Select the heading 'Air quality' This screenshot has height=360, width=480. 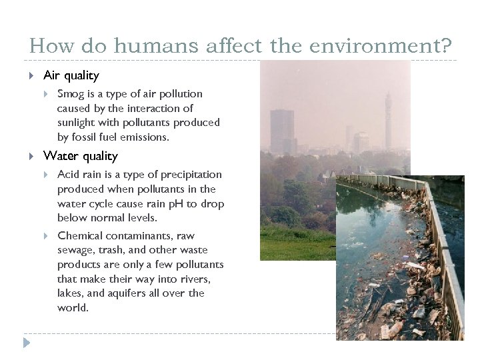[71, 76]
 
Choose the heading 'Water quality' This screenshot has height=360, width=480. [80, 156]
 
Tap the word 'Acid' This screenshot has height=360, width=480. [69, 175]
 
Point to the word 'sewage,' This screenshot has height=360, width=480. [76, 251]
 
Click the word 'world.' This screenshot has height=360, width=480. [73, 308]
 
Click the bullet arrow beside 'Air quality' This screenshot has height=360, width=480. [32, 76]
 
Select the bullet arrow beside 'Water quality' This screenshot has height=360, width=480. [32, 156]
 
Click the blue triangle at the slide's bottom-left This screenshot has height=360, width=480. [26, 343]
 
